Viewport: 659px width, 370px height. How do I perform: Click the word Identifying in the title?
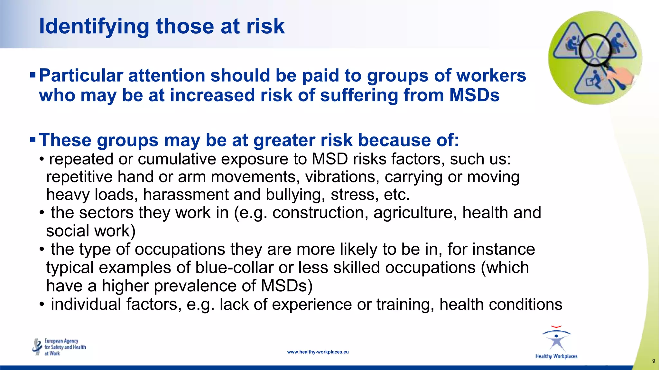coord(94,26)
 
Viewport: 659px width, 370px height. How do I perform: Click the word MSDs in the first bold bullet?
coord(474,95)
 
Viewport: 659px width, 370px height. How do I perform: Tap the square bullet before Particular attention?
coord(32,75)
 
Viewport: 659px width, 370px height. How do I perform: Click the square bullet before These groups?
coord(32,140)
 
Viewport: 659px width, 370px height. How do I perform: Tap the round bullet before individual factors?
coord(42,304)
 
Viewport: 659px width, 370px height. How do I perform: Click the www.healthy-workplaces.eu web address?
coord(318,352)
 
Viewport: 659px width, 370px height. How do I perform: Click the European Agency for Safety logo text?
coord(65,347)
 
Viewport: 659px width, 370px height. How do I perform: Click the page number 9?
coord(653,361)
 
